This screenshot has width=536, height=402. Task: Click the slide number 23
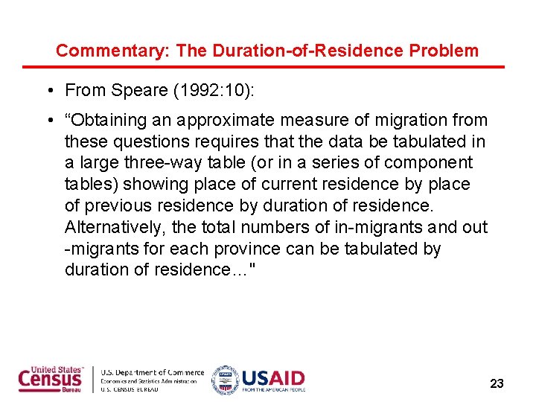point(497,384)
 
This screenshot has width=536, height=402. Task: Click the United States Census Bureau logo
point(51,379)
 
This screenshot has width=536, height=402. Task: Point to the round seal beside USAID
point(225,380)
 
